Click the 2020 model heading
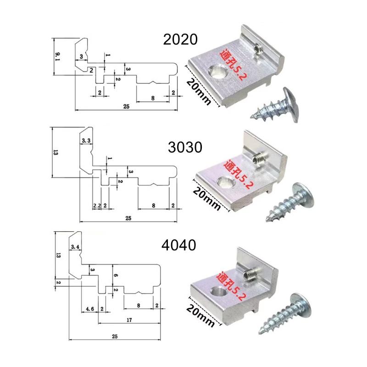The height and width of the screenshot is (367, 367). pos(180,39)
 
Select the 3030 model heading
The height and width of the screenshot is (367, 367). pos(185,147)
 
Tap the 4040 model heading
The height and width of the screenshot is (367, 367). pos(178,245)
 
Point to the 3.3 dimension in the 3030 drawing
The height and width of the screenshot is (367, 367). pos(86,141)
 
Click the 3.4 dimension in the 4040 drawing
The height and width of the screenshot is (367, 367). pos(75,247)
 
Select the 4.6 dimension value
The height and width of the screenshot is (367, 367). pos(89,309)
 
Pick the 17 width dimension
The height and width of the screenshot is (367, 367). pos(129,320)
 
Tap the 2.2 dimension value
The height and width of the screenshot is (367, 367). pos(97,206)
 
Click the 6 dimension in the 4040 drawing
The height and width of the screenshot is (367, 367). pos(116,276)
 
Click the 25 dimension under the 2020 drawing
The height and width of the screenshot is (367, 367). pos(126,106)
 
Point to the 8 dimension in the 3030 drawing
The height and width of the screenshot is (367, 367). pos(154,206)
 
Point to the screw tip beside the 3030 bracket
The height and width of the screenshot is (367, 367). pos(267,220)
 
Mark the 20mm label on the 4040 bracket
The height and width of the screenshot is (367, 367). pos(200,315)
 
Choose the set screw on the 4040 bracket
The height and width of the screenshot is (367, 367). pos(249,274)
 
